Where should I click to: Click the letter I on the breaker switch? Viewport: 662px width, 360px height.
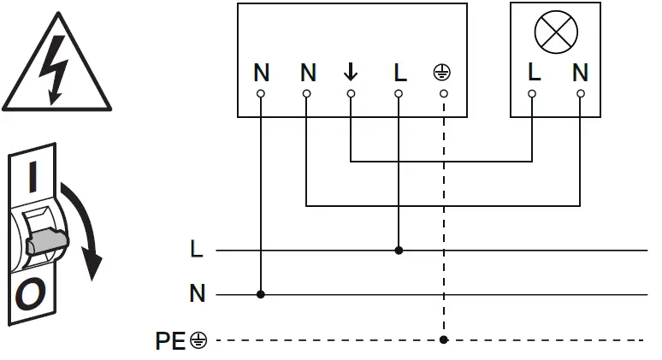33,178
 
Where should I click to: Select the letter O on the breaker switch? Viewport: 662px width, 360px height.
31,296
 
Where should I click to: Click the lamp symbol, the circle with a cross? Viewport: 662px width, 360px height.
556,32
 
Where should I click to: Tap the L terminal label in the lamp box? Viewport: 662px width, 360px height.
534,73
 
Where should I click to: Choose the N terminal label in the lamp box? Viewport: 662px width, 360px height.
581,73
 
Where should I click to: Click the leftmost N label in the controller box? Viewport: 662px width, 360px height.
261,73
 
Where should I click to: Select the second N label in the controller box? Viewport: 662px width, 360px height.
308,73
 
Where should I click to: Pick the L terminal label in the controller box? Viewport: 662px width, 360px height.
399,73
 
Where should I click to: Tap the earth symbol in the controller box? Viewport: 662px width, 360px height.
442,73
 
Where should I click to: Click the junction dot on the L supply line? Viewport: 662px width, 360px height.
399,251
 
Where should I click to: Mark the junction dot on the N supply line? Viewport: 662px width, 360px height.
261,295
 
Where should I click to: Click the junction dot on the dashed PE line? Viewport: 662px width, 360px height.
443,340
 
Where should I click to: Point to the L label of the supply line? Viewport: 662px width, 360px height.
197,251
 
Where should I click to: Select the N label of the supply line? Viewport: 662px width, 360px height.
197,295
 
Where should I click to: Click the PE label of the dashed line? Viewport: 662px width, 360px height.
170,340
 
